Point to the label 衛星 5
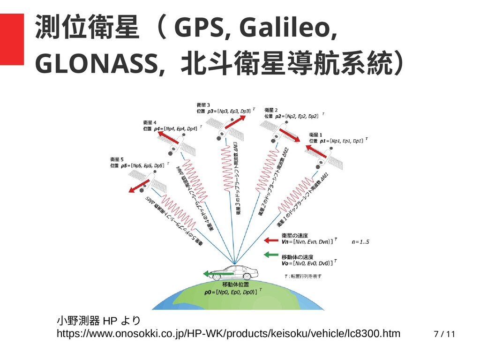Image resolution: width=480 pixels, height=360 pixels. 117,159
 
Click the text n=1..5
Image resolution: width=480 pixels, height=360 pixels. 360,242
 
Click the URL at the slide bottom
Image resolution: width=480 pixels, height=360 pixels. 228,333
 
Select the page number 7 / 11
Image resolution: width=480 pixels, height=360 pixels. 444,334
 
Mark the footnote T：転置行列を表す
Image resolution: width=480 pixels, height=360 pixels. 303,276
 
